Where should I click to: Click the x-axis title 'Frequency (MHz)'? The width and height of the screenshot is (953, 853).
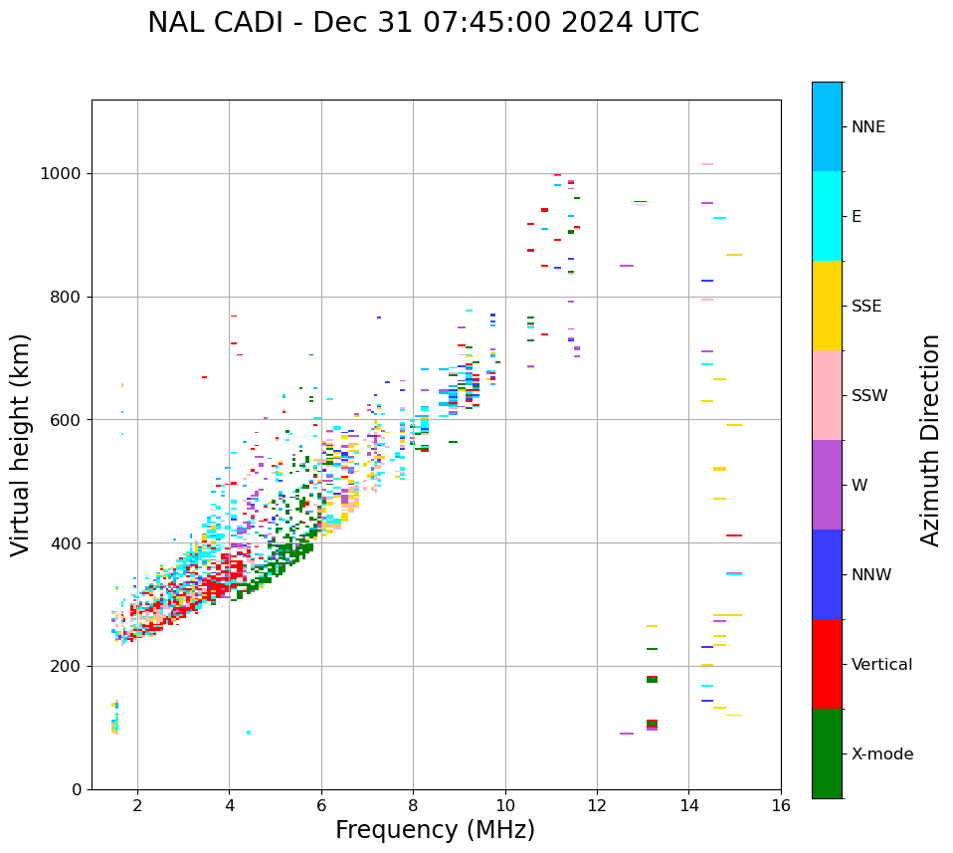pyautogui.click(x=435, y=830)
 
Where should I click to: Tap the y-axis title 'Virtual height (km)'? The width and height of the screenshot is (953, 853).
pyautogui.click(x=21, y=445)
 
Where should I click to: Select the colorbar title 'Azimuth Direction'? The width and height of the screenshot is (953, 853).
pyautogui.click(x=930, y=440)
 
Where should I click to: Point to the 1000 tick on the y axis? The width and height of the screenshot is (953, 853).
pyautogui.click(x=65, y=173)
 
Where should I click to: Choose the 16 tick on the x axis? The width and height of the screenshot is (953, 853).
pyautogui.click(x=781, y=805)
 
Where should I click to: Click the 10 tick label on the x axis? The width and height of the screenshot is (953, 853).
pyautogui.click(x=505, y=805)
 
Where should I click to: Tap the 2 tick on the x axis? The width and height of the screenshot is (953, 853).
pyautogui.click(x=137, y=805)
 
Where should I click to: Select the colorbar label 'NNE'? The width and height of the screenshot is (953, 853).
pyautogui.click(x=867, y=127)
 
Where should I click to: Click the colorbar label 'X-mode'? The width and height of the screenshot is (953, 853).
pyautogui.click(x=882, y=754)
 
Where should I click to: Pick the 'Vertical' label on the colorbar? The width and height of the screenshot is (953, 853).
pyautogui.click(x=881, y=665)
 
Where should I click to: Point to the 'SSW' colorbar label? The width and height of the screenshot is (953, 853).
pyautogui.click(x=869, y=396)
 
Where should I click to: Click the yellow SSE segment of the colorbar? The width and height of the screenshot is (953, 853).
pyautogui.click(x=827, y=306)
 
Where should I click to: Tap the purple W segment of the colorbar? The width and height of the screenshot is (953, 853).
pyautogui.click(x=827, y=485)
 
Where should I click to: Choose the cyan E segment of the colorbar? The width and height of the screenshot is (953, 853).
pyautogui.click(x=827, y=216)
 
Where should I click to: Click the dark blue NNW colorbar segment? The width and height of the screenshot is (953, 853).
pyautogui.click(x=827, y=574)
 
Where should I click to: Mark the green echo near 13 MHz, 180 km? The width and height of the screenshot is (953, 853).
pyautogui.click(x=652, y=679)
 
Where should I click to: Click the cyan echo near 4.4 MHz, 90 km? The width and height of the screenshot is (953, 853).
pyautogui.click(x=248, y=733)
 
